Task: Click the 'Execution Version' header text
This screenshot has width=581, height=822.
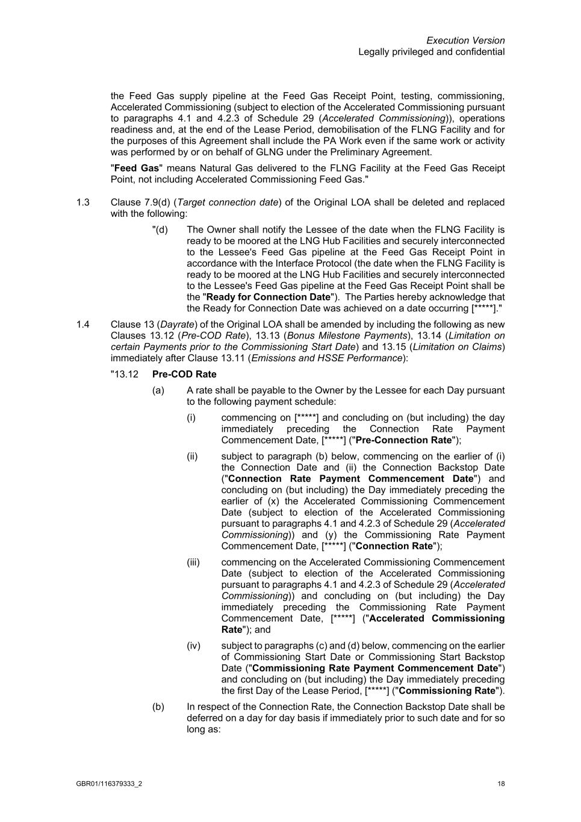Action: click(x=465, y=40)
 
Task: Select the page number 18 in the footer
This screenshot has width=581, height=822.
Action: click(x=501, y=783)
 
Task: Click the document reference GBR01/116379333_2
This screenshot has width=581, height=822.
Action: click(x=109, y=783)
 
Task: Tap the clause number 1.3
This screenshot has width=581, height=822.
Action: click(x=83, y=202)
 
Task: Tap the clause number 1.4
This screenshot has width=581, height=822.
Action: click(x=83, y=325)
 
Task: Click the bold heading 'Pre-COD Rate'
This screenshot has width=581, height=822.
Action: click(x=184, y=374)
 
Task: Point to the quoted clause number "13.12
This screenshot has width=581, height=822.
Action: click(x=124, y=374)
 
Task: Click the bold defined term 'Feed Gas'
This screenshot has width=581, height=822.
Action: click(x=136, y=168)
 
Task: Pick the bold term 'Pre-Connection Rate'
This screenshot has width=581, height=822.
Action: click(x=403, y=440)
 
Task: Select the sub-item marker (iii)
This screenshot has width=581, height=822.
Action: click(x=193, y=562)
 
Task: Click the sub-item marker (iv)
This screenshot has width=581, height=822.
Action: click(x=193, y=646)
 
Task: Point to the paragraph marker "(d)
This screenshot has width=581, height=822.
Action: click(x=160, y=229)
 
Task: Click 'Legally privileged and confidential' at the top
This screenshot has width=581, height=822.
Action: click(x=431, y=52)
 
